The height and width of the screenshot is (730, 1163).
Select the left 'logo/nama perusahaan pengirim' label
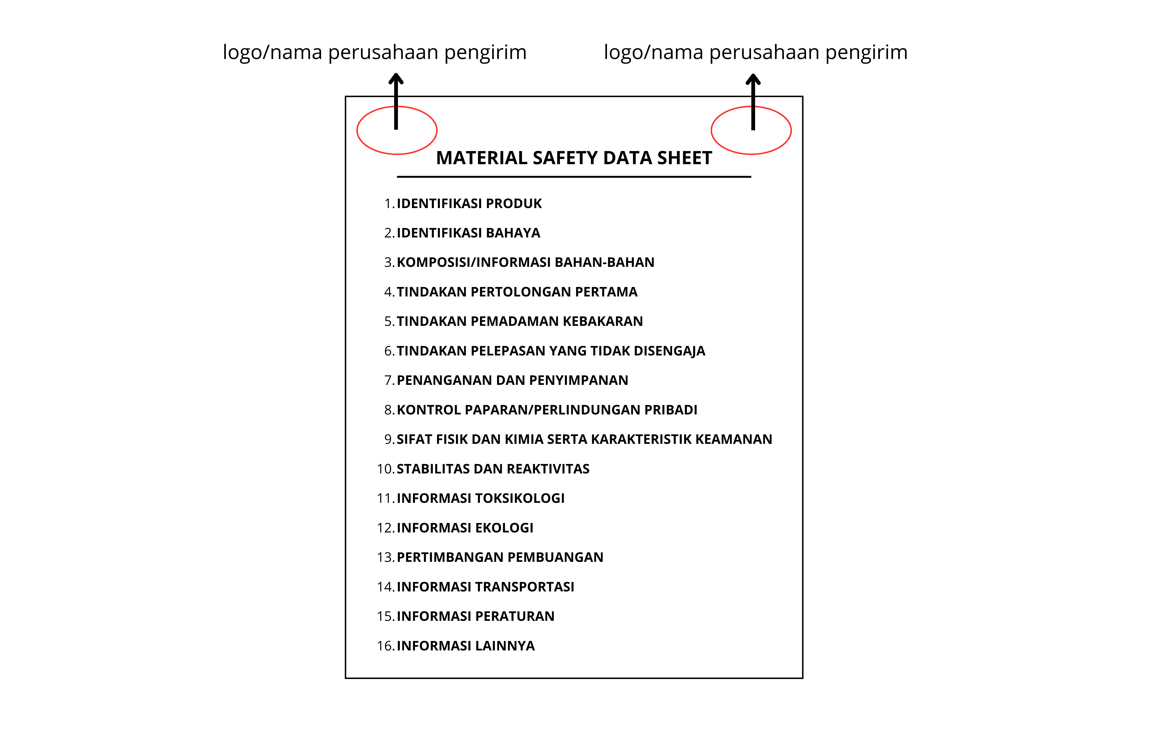[374, 52]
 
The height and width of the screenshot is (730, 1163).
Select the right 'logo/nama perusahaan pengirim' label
[756, 52]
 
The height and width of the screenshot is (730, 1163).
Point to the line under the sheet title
[574, 177]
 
